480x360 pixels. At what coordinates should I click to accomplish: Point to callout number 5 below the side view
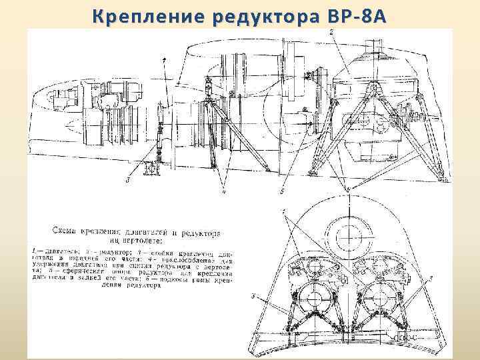pos(282,191)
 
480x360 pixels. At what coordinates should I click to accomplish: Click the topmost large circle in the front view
pos(349,234)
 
